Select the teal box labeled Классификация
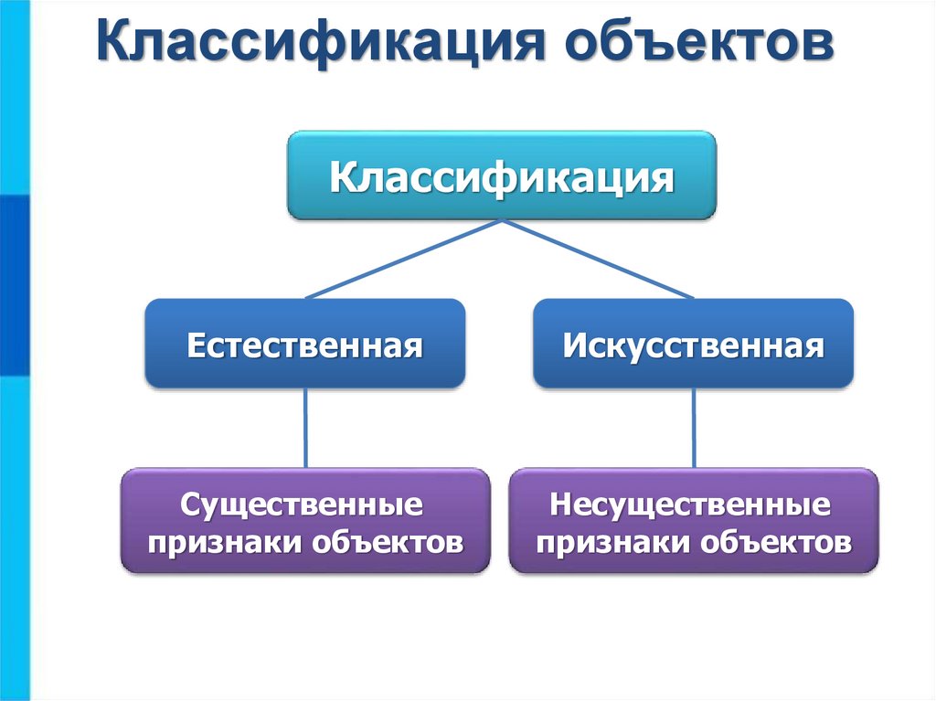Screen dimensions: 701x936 tap(501, 175)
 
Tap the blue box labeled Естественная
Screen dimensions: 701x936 tap(304, 345)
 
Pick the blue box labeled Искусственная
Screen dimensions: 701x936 tap(693, 345)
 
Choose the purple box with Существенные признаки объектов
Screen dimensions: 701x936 tap(304, 521)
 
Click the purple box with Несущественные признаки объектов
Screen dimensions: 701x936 tap(693, 521)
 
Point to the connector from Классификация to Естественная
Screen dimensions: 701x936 tap(402, 259)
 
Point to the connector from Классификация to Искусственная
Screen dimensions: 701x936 tap(599, 259)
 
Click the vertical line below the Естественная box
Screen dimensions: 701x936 tap(305, 428)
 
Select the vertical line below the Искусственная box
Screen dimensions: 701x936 tap(694, 428)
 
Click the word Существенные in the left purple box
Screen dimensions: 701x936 tap(304, 505)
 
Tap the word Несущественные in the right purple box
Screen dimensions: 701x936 tap(693, 505)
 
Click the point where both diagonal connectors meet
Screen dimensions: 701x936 tap(501, 220)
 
